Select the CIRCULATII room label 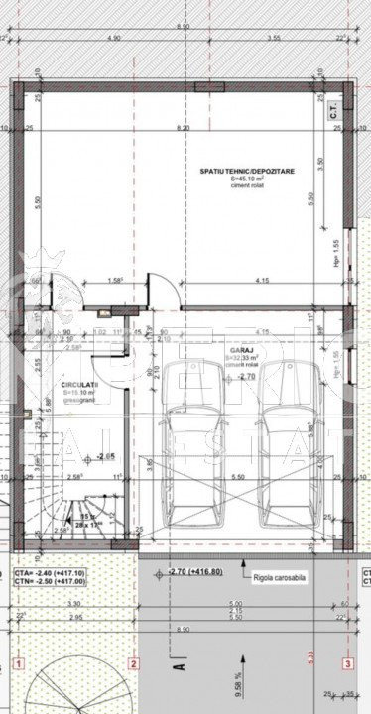pos(78,382)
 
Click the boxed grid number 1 pos(18,663)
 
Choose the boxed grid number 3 pos(348,663)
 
